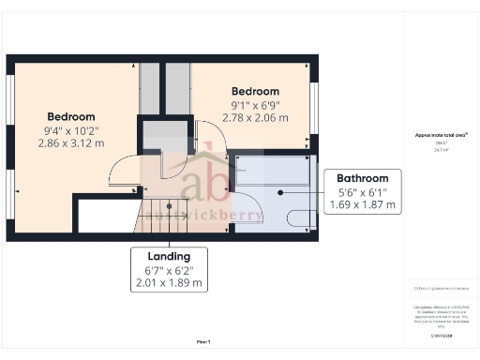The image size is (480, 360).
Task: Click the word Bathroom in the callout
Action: point(363,178)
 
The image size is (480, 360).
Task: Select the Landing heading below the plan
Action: point(169,256)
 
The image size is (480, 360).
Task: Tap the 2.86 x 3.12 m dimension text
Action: point(70,145)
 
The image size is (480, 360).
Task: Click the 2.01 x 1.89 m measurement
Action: point(169,282)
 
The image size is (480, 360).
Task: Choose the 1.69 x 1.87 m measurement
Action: point(363,203)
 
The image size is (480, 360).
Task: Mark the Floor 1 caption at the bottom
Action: point(203,341)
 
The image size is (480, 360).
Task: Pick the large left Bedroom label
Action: point(70,117)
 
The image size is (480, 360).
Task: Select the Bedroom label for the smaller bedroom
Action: point(255,91)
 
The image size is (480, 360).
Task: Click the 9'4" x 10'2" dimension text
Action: point(70,131)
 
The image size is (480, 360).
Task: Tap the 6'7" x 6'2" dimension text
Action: point(169,270)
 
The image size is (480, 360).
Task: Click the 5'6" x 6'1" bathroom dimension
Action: point(363,191)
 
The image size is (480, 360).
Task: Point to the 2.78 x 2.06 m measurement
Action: point(255,118)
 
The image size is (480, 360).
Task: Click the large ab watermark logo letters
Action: point(204,178)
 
